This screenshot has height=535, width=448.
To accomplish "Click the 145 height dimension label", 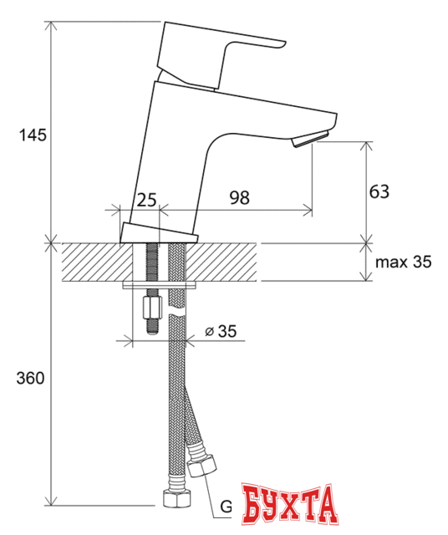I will (x=28, y=135).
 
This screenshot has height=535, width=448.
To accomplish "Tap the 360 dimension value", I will (x=29, y=378).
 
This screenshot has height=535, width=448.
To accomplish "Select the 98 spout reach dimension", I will (x=240, y=197).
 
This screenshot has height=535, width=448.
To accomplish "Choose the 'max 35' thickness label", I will (x=403, y=262).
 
